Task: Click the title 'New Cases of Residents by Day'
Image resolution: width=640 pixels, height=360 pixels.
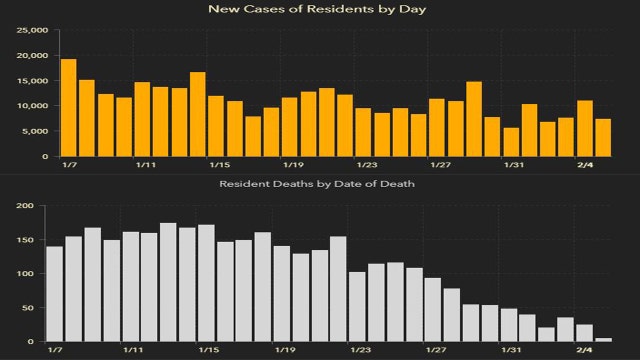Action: [319, 9]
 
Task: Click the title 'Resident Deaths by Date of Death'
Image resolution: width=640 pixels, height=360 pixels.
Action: [319, 184]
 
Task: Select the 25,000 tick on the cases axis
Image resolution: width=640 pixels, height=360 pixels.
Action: [32, 30]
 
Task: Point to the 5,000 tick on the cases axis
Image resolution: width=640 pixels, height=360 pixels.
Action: [35, 131]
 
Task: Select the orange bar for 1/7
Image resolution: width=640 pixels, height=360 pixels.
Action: [68, 108]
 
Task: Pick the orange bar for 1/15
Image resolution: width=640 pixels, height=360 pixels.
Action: [216, 126]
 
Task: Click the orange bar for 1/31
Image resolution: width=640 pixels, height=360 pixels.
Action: [511, 142]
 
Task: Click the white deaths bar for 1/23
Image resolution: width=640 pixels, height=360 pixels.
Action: [358, 307]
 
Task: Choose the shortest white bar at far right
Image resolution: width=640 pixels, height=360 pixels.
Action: [603, 340]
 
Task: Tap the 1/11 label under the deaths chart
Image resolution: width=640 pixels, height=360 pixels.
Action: [144, 351]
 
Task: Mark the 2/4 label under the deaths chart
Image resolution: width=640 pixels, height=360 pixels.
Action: [586, 351]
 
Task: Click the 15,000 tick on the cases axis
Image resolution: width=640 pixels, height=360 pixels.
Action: [32, 80]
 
